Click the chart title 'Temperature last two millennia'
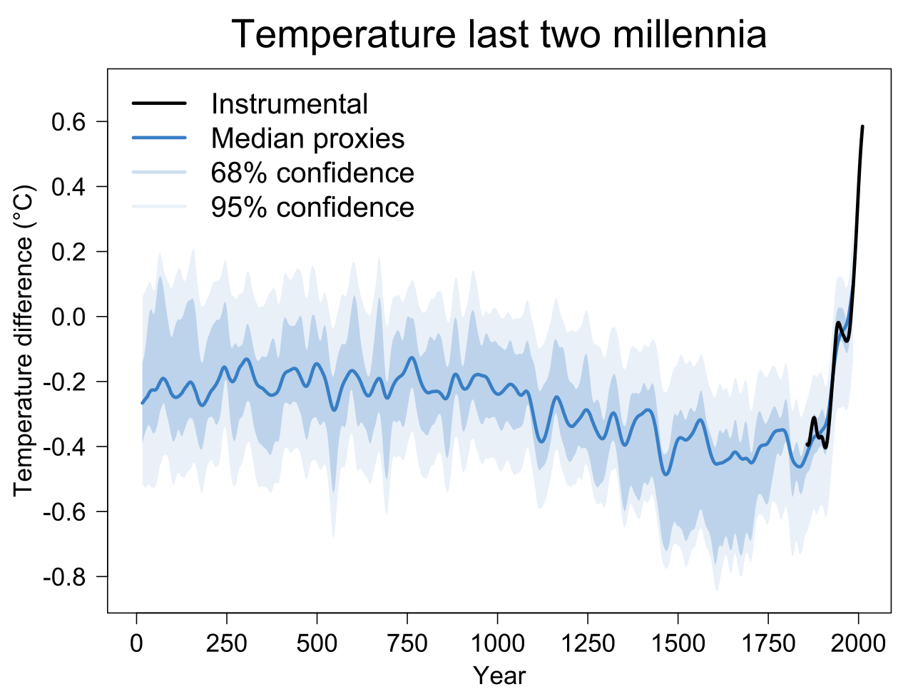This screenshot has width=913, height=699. [499, 34]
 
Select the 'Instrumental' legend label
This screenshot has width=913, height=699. [289, 104]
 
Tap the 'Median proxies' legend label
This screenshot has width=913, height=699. [307, 138]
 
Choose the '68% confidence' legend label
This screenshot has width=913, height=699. [312, 173]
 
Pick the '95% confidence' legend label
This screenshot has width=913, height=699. [312, 207]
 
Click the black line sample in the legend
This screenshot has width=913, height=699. [159, 104]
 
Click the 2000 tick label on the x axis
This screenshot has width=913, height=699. [858, 643]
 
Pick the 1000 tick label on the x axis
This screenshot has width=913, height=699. [497, 643]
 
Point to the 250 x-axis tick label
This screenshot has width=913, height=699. [226, 643]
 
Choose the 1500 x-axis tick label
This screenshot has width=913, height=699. [678, 643]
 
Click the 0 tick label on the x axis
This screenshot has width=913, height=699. [136, 643]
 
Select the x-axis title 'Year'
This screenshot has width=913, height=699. [499, 675]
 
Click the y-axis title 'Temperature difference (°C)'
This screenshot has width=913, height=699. [23, 341]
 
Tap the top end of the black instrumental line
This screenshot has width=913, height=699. [862, 127]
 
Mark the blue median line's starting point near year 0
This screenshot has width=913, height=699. [142, 404]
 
